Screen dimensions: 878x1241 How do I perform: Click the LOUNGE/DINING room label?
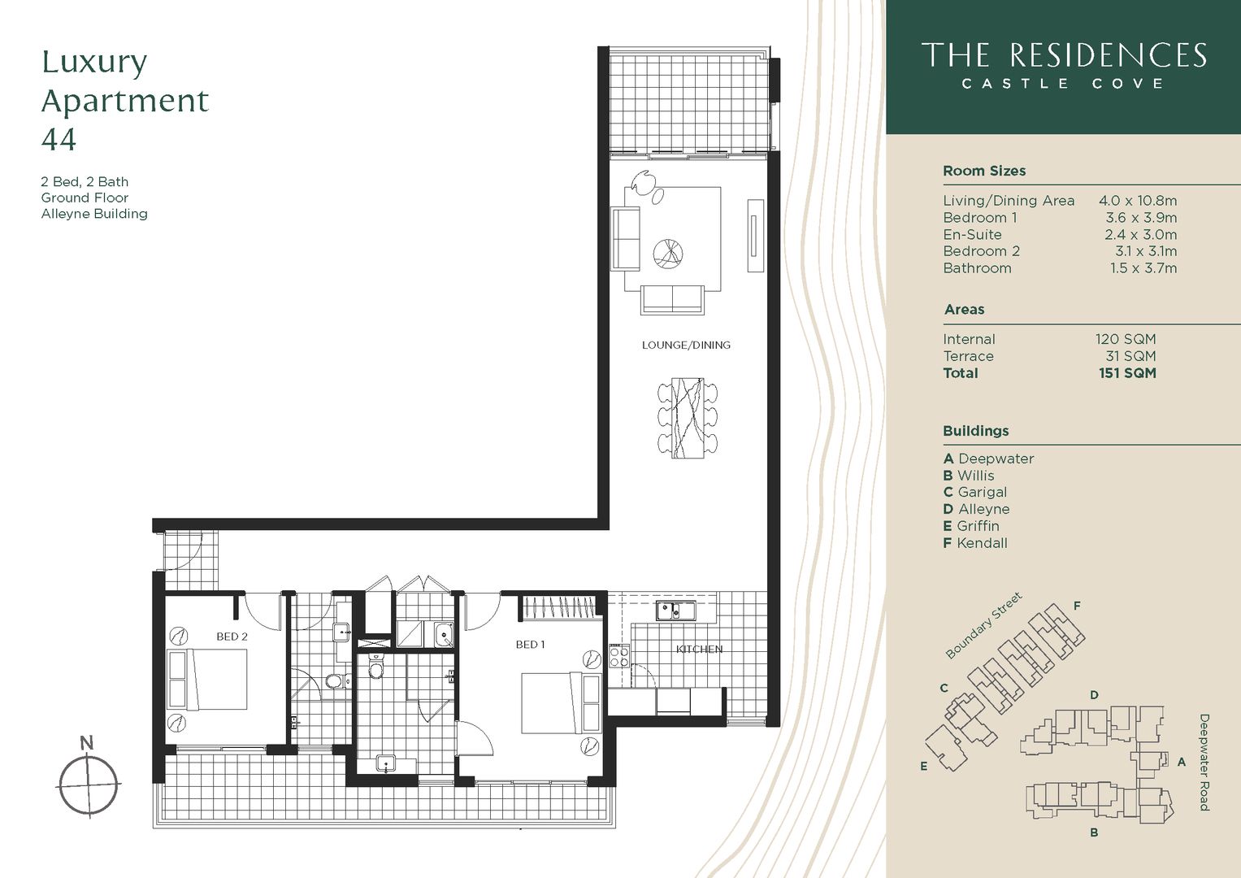686,345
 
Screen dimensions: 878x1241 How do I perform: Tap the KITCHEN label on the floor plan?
699,649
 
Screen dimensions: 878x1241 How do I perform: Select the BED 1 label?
530,645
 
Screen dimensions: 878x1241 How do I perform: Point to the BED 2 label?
232,637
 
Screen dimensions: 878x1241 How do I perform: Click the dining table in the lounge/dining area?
688,418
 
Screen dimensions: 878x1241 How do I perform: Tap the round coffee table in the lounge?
670,253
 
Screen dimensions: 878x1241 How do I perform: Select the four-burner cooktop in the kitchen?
619,656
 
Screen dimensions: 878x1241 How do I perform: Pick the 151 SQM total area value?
1126,373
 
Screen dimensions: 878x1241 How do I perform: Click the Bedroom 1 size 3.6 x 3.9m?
1140,217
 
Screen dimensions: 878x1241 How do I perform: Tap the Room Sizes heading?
983,171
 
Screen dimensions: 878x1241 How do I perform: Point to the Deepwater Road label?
1204,762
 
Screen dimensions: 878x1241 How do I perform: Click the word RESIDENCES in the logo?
1107,55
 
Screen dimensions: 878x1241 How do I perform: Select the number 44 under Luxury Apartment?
59,139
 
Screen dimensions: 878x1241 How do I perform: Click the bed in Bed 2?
207,680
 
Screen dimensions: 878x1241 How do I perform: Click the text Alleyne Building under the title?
94,214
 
